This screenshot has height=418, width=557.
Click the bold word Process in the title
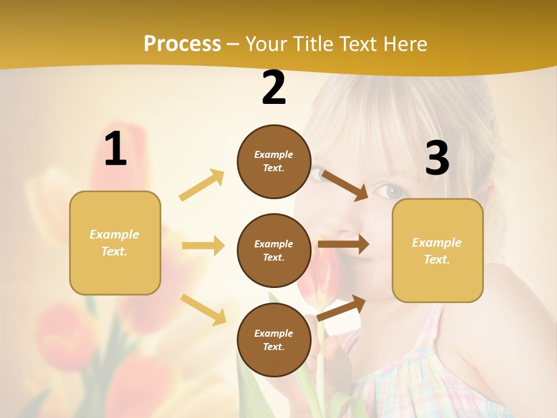[x=182, y=44]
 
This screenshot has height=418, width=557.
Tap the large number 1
[x=115, y=149]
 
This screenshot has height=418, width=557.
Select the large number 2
[x=274, y=88]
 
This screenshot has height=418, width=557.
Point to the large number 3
[x=437, y=158]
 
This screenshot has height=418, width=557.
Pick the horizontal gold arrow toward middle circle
[x=203, y=246]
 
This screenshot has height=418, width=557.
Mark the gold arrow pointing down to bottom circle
[x=203, y=309]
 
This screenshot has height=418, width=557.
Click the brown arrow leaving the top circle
[x=345, y=185]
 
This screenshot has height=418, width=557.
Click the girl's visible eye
[x=389, y=190]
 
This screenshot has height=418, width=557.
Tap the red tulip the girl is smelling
[x=320, y=279]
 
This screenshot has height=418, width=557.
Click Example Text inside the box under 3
[x=437, y=251]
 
